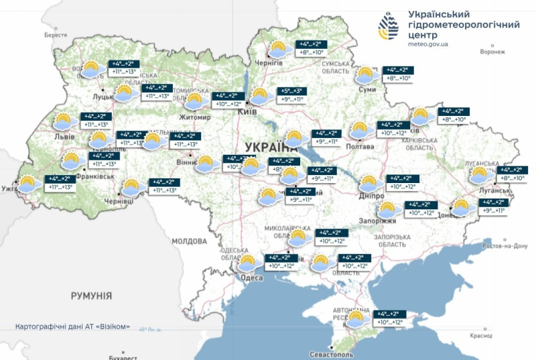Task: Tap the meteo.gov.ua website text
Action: (428, 44)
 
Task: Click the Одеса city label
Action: (252, 278)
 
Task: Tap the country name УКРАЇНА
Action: (271, 147)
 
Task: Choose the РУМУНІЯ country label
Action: (92, 295)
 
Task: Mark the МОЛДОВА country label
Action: (190, 241)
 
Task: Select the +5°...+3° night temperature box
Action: (291, 91)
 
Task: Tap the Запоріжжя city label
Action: (382, 221)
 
